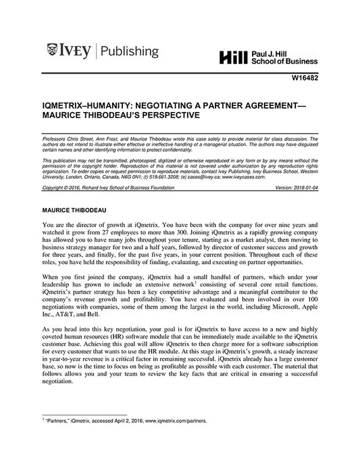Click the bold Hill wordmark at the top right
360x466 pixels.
click(x=234, y=58)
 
